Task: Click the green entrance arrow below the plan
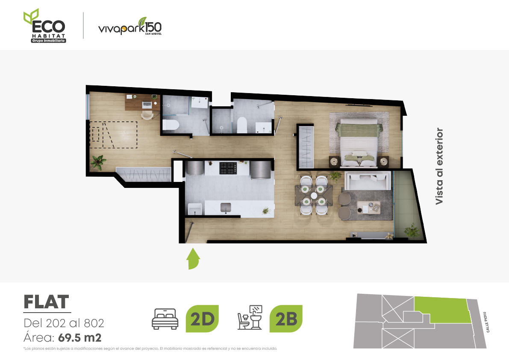(194, 259)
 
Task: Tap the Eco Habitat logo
(45, 26)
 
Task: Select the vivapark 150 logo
(130, 26)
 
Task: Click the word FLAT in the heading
(46, 302)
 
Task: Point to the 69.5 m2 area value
(80, 338)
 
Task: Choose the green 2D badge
(202, 319)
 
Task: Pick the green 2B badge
(286, 319)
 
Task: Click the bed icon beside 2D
(165, 319)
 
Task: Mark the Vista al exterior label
(439, 166)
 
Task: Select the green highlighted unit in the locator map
(443, 310)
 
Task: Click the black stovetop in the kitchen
(228, 168)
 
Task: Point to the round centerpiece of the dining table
(314, 196)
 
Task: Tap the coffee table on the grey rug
(368, 207)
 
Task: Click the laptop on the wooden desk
(147, 105)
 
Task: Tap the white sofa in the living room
(368, 181)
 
